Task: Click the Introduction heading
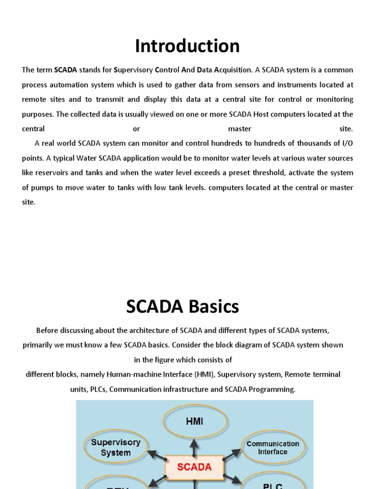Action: coord(187,46)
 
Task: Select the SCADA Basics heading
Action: coord(183,307)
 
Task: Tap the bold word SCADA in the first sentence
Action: coord(65,70)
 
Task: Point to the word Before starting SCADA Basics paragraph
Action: coord(48,330)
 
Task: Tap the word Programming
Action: coord(272,389)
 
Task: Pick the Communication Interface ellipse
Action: coord(273,447)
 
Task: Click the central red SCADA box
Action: coord(194,467)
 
